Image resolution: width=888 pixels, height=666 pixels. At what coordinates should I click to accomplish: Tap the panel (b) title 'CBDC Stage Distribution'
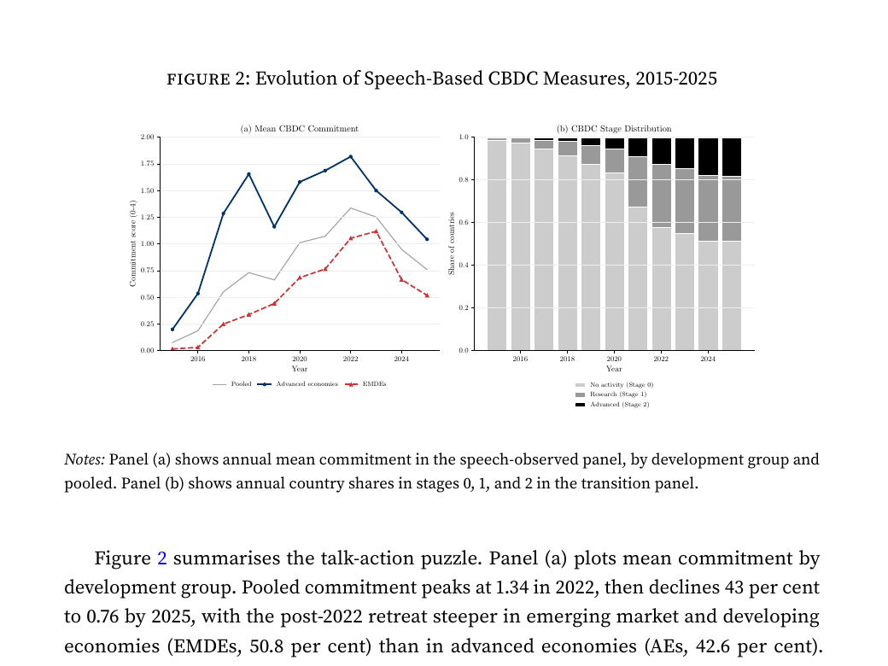(x=614, y=129)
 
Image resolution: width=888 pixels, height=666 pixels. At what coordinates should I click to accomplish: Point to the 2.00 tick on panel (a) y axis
(x=148, y=137)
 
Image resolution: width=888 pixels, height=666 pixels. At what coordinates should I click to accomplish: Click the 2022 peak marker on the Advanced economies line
(x=350, y=156)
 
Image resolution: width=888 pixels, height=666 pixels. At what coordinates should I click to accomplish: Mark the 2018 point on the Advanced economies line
(x=248, y=174)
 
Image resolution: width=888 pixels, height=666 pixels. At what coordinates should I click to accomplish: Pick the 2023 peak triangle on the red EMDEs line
(x=376, y=231)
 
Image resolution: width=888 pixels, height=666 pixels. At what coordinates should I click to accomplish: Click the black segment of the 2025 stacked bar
(x=731, y=157)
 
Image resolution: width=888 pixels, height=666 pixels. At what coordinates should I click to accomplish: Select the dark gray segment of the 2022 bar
(x=661, y=196)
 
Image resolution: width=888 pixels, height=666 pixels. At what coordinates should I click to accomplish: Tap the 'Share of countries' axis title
(x=452, y=243)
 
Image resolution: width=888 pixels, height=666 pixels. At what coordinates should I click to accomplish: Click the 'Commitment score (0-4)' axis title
(x=133, y=243)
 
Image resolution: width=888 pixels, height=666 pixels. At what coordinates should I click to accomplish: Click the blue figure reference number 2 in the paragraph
(x=162, y=559)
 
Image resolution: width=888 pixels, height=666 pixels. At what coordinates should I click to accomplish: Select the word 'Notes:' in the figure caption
(x=85, y=459)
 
